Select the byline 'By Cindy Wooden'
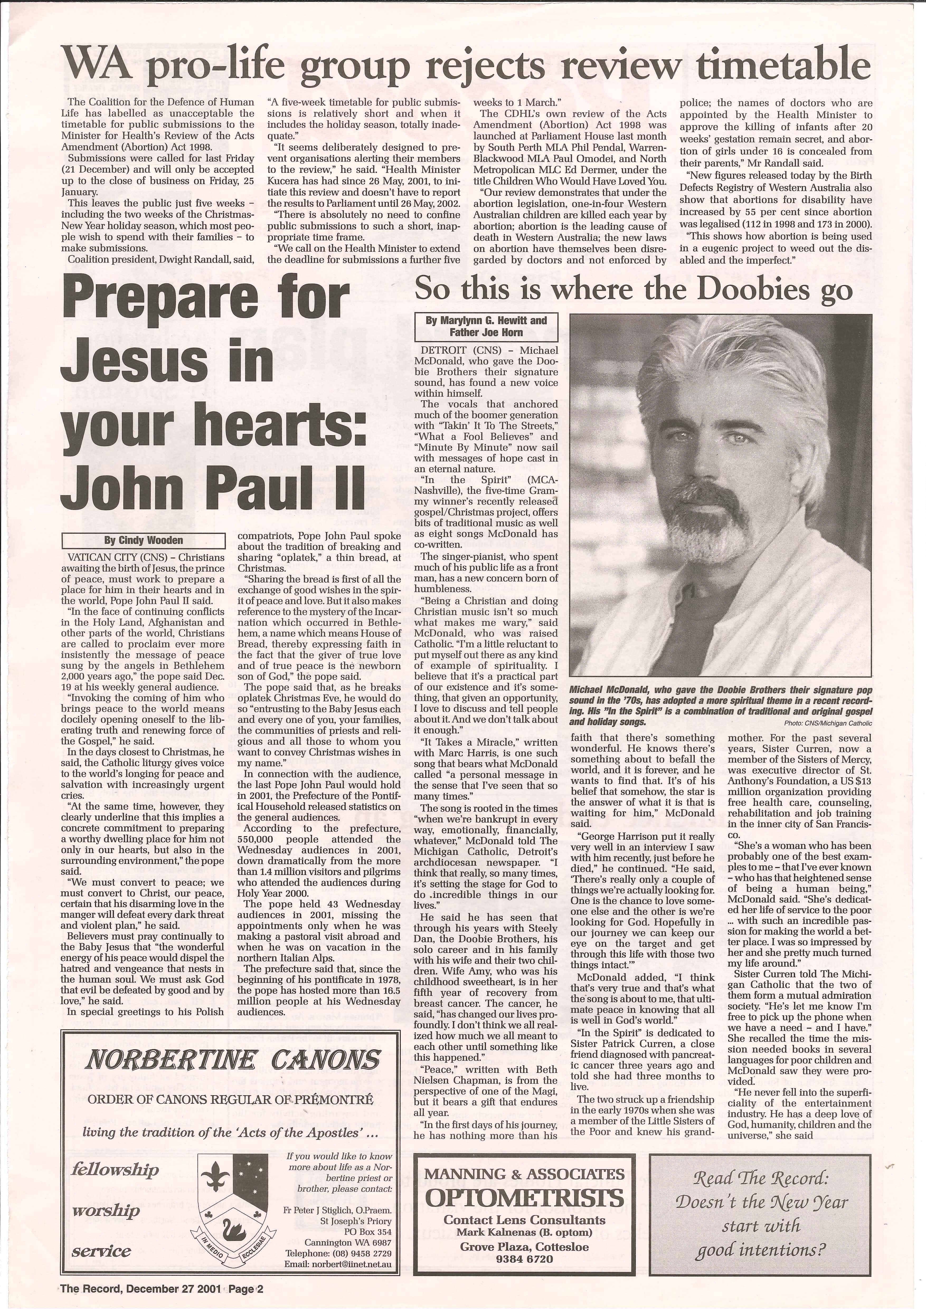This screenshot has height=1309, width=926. coord(143,540)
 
